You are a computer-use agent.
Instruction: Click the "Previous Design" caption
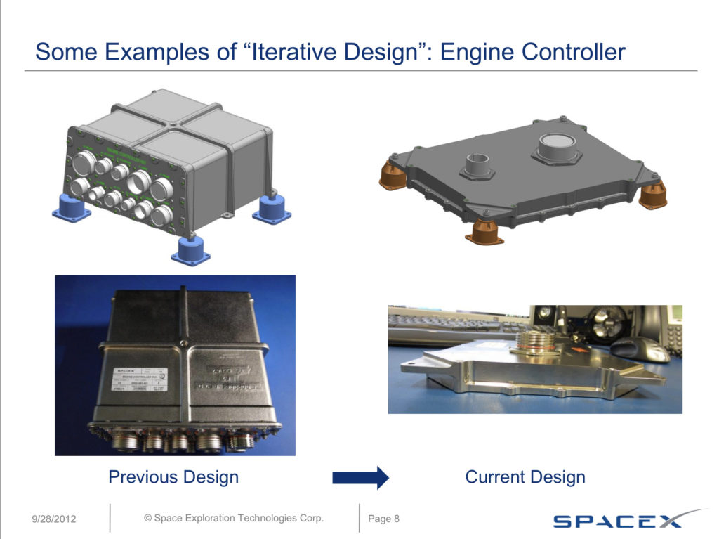click(173, 477)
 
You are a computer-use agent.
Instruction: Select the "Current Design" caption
click(525, 477)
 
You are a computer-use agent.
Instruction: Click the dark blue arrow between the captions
click(359, 478)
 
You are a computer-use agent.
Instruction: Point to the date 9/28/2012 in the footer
click(54, 519)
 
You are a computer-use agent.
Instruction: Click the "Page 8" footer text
click(383, 519)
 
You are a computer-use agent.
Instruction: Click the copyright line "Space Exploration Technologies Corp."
click(234, 518)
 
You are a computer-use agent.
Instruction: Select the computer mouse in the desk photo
click(639, 348)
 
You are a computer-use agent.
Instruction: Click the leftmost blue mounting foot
click(72, 209)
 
